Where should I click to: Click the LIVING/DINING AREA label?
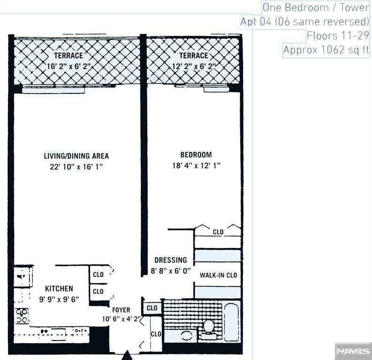click(76, 156)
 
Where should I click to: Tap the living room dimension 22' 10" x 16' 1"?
click(76, 166)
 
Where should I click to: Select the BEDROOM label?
click(196, 155)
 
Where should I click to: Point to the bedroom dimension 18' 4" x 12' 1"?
click(196, 165)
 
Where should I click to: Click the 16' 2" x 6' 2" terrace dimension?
click(68, 66)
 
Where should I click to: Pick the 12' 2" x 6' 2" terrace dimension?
click(193, 66)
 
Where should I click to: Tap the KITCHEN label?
click(59, 288)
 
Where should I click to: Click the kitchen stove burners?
click(22, 315)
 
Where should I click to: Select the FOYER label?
click(121, 310)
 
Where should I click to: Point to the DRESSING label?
click(171, 260)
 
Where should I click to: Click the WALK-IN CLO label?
click(218, 275)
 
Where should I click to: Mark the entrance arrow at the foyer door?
click(127, 356)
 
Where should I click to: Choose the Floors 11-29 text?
click(338, 36)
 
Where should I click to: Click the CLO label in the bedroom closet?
click(218, 232)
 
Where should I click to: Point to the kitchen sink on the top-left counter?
click(22, 277)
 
